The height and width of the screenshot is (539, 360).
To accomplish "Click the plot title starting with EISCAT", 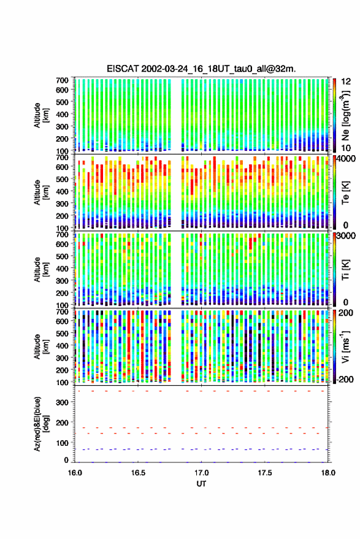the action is coord(201,69).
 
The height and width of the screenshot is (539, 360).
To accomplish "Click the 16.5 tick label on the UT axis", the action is coord(138,473).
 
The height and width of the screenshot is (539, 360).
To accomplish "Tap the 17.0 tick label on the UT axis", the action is coord(202,473).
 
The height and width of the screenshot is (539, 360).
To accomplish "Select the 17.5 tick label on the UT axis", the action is coord(265,473).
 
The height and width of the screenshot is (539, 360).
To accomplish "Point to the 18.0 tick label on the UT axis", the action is coord(328,473).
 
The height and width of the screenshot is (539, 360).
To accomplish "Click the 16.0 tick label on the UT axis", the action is coord(75,473).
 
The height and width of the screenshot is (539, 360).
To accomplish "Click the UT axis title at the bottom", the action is coord(202,484).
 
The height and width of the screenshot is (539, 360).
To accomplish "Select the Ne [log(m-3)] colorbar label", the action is coord(345,115).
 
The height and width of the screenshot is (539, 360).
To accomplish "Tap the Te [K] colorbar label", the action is coord(345,193).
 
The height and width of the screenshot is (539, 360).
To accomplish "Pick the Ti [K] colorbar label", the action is coord(345,270).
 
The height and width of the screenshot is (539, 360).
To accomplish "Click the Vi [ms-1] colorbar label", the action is coord(345,346).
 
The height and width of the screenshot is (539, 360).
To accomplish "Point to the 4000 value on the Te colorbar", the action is coord(348,159).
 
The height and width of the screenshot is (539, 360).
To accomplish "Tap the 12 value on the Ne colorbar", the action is coord(347,82).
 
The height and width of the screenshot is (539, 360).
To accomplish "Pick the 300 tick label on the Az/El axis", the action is coord(62,402).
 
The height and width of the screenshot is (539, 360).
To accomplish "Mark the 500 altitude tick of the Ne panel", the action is coord(62,102).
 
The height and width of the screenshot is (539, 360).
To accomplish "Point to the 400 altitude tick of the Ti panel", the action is coord(62,269).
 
